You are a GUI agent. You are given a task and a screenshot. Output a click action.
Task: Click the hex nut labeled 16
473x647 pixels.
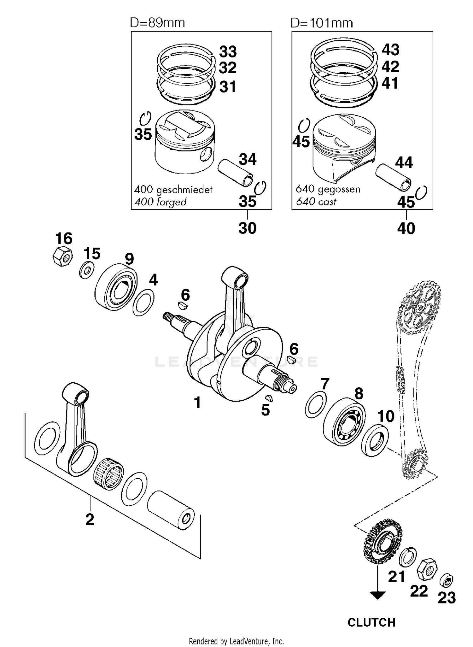[63, 256]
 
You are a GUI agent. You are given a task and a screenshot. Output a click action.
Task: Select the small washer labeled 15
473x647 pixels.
[86, 270]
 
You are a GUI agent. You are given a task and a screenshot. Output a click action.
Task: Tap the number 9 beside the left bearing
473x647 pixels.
[129, 259]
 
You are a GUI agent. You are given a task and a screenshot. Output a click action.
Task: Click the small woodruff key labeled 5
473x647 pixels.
[269, 398]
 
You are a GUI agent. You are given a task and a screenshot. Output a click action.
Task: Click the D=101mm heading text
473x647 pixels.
[322, 23]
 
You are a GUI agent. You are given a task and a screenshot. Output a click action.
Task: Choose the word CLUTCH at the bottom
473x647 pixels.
[371, 622]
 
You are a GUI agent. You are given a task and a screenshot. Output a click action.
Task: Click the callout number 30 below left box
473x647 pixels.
[247, 228]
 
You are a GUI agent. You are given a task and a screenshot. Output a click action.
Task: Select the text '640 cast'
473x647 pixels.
[316, 202]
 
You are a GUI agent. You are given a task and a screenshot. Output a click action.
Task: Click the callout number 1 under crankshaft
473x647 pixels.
[197, 403]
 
